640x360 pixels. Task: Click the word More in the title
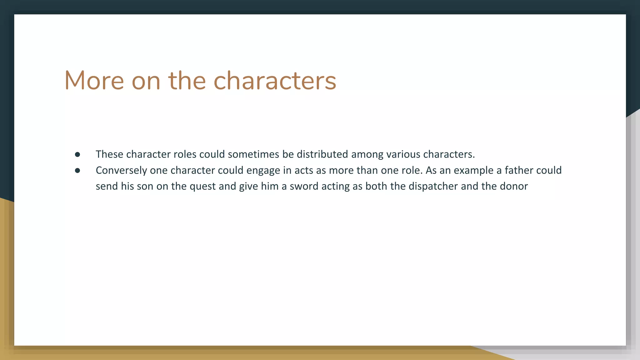point(94,81)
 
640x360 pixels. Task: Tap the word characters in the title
point(275,81)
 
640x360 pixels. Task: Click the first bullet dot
point(77,154)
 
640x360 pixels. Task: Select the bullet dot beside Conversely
point(77,170)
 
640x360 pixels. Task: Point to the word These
point(109,154)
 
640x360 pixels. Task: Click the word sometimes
point(253,154)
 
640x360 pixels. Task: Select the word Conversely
point(121,170)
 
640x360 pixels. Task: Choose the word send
point(107,186)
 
